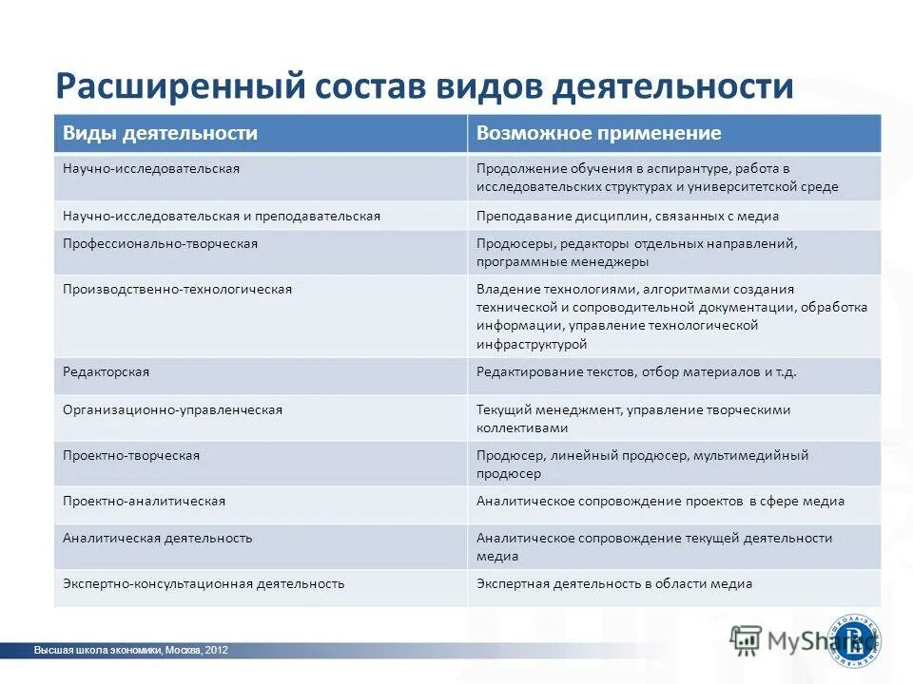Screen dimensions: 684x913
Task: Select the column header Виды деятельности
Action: click(160, 133)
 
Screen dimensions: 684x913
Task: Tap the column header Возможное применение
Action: click(598, 133)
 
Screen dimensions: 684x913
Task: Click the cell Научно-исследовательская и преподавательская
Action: click(221, 216)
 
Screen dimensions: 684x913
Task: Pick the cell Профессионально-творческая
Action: click(160, 243)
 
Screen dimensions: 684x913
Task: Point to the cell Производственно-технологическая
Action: click(177, 289)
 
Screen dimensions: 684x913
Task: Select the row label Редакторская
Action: click(106, 371)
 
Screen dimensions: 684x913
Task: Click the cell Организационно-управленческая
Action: click(172, 409)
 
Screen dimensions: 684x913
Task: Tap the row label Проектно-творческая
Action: click(131, 455)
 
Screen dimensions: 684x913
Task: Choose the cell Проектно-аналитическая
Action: click(144, 501)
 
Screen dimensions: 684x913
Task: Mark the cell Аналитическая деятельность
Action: click(157, 538)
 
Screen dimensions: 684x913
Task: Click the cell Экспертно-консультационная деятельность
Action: click(204, 583)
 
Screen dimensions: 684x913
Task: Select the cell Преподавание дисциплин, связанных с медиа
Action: click(628, 216)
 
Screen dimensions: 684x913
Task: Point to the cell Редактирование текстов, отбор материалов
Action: click(636, 371)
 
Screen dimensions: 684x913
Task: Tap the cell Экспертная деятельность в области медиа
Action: click(614, 583)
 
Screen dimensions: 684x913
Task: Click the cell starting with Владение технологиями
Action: click(671, 316)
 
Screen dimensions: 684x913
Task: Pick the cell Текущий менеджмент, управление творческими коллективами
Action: click(633, 418)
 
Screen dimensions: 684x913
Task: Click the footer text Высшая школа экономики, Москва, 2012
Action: click(130, 651)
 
